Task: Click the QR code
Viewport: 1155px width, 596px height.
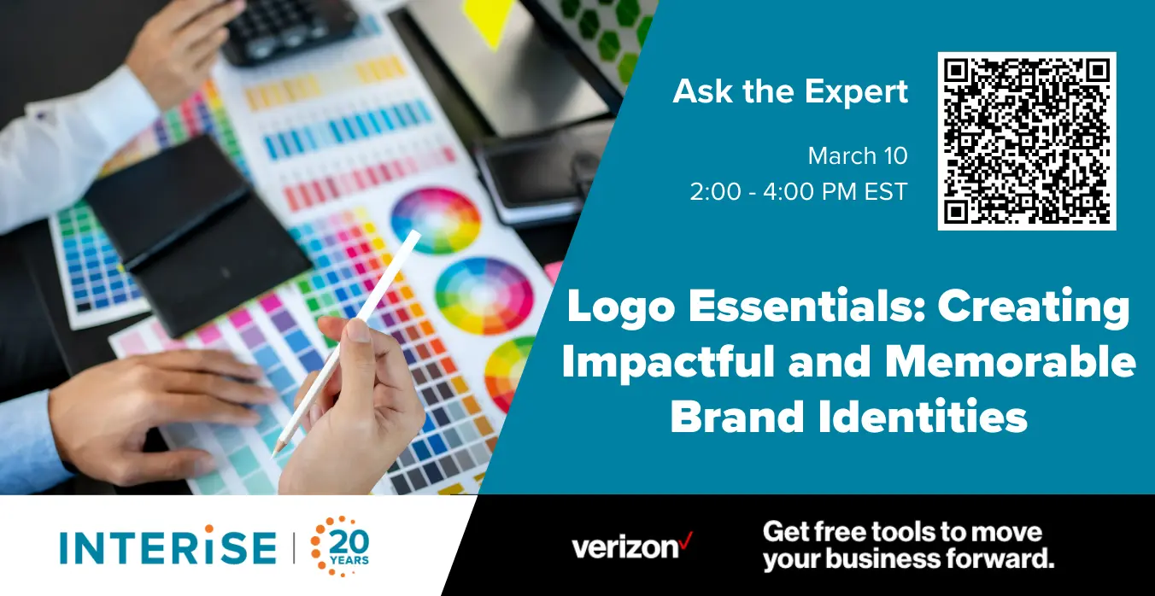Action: (x=1027, y=141)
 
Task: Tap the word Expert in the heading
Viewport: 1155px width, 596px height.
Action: (x=856, y=91)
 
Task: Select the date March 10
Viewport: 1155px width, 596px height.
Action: (x=858, y=155)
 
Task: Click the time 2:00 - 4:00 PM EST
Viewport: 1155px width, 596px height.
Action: (x=799, y=192)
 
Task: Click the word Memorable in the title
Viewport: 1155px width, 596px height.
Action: (x=1011, y=362)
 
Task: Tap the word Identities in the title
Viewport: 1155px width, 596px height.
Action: (x=923, y=416)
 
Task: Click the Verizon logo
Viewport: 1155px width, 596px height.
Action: (x=632, y=546)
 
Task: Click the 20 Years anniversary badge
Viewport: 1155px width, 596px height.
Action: (x=340, y=546)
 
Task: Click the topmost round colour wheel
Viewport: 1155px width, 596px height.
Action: (x=436, y=220)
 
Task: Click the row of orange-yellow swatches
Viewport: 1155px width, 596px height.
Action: (x=325, y=83)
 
